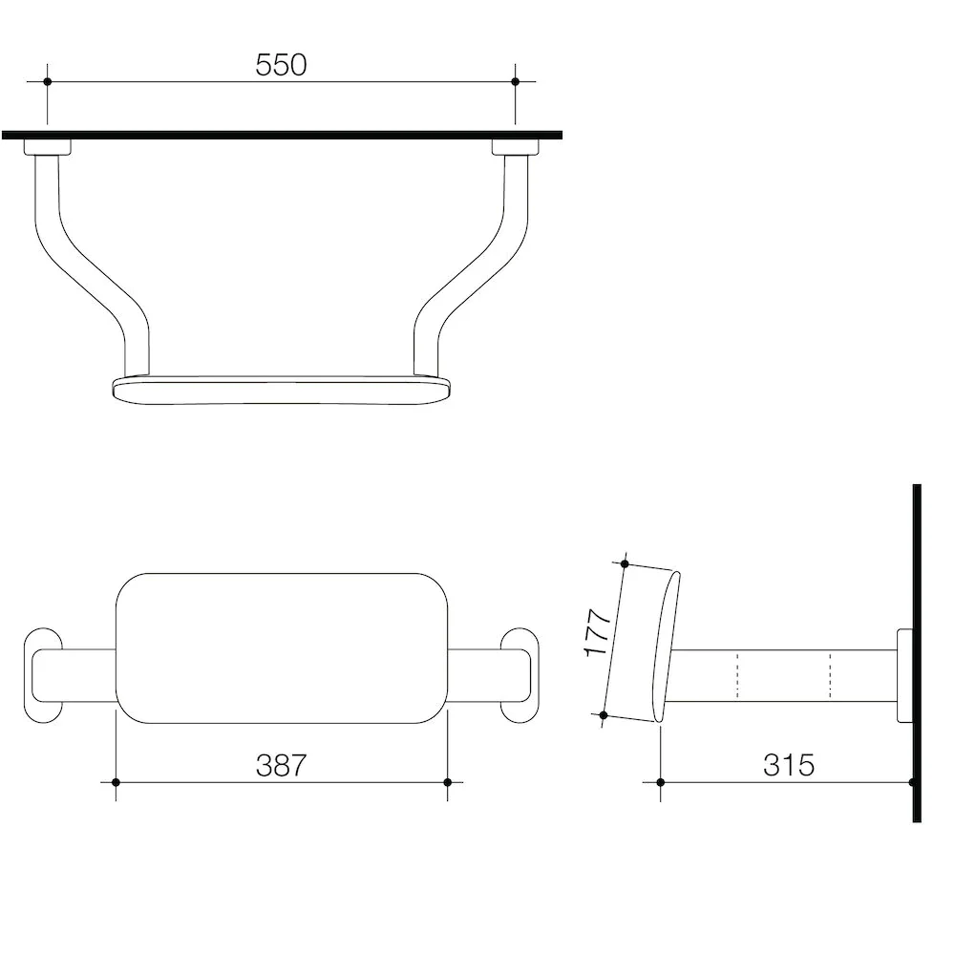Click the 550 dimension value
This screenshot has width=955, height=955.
coord(281,65)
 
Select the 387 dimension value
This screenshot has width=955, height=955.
coord(281,766)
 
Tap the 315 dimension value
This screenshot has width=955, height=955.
coord(788,766)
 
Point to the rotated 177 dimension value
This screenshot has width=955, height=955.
coord(598,632)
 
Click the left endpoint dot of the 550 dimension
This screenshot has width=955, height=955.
coord(48,81)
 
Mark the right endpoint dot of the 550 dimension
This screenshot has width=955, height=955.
coord(516,81)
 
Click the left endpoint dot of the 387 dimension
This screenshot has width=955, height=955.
coord(116,782)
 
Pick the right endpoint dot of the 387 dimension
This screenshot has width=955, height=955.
coord(448,782)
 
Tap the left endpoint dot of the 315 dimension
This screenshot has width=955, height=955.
coord(661,782)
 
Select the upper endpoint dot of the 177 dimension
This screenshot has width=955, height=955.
coord(625,564)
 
